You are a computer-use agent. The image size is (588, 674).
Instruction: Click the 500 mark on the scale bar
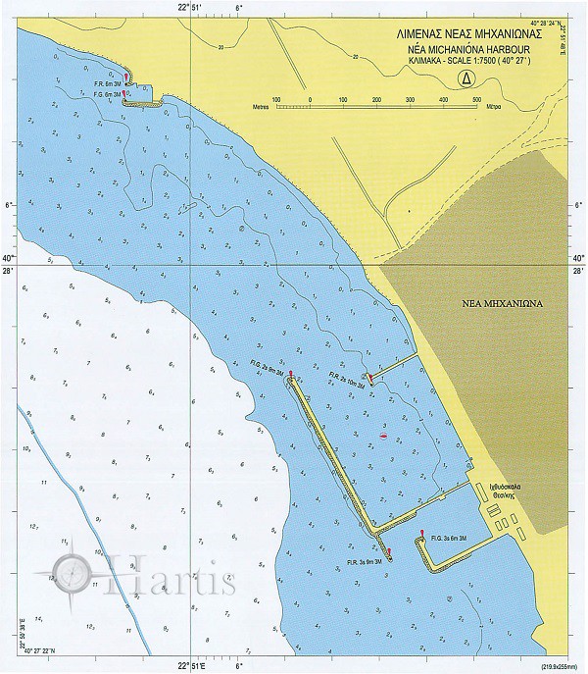coord(476,99)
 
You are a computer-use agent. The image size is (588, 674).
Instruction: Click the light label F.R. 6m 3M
coord(104,84)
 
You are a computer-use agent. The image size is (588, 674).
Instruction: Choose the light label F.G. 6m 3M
coord(104,95)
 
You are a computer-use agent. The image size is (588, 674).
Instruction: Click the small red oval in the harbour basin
coord(383,434)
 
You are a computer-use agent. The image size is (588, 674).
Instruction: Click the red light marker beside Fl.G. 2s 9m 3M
coord(291,374)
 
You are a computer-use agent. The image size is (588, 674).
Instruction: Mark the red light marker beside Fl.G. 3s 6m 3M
coord(421,535)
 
